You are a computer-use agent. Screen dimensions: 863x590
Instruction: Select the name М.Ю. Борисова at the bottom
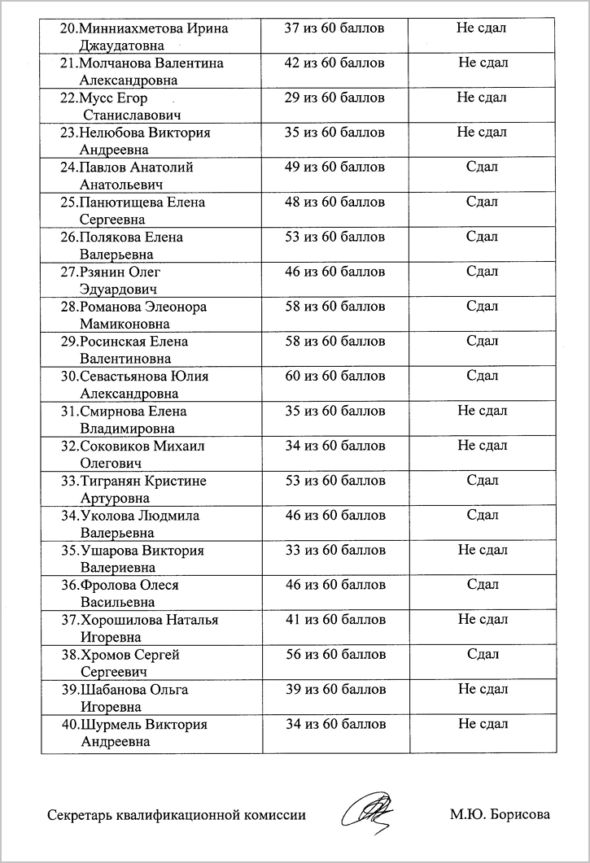coord(500,814)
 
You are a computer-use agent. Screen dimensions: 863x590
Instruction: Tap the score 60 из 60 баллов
coord(334,376)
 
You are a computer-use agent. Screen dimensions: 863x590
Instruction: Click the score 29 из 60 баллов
coord(334,98)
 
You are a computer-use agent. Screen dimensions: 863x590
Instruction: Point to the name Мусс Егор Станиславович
coord(130,107)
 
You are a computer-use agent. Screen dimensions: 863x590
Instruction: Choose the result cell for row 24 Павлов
coord(482,168)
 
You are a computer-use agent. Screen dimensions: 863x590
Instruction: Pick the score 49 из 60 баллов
coord(334,168)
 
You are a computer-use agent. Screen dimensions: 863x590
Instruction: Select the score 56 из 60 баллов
coord(334,654)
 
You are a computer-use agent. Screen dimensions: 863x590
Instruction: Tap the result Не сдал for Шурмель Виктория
coord(483,724)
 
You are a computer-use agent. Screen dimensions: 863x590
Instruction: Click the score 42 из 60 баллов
coord(334,63)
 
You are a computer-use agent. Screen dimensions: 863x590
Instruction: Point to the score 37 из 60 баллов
coord(334,28)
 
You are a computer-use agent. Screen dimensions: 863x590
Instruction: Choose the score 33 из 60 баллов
coord(334,550)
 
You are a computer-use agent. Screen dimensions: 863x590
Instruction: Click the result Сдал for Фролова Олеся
coord(483,584)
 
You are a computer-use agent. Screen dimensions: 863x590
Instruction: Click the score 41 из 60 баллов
coord(334,620)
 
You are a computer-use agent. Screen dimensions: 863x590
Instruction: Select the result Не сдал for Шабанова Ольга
coord(483,689)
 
